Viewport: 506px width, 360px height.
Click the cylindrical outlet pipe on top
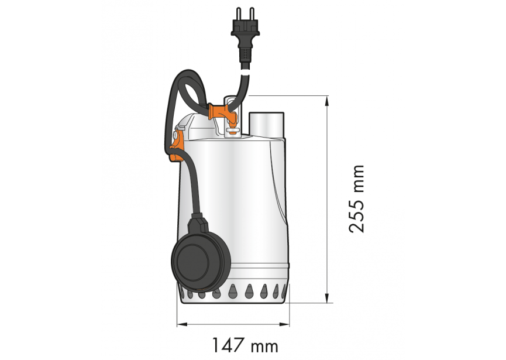pyautogui.click(x=267, y=124)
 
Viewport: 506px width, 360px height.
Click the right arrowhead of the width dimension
pyautogui.click(x=288, y=323)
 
